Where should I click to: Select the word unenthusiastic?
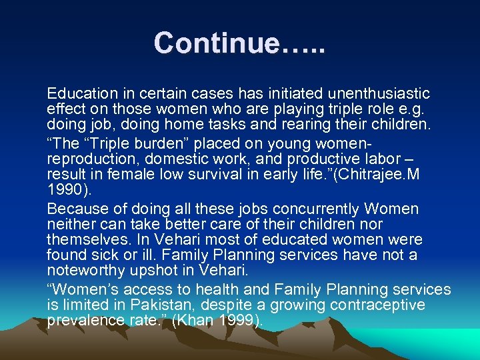367,93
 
